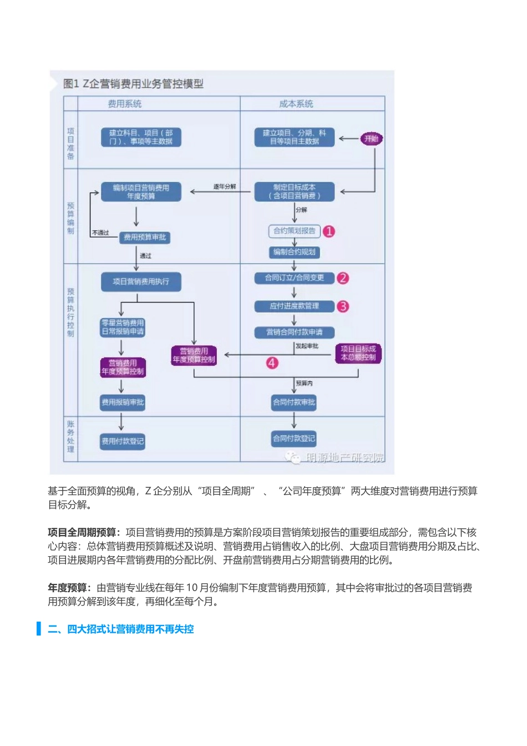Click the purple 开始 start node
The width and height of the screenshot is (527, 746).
click(x=371, y=139)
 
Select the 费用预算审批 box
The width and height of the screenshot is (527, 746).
click(x=145, y=238)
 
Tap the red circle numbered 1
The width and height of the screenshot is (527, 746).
click(x=329, y=231)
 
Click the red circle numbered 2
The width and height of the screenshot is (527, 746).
click(x=343, y=278)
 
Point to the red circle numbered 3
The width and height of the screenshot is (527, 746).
click(x=343, y=306)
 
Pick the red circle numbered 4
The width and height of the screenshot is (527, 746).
click(x=272, y=363)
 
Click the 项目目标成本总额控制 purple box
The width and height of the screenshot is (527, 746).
click(x=358, y=353)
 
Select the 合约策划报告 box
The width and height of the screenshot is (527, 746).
click(x=294, y=231)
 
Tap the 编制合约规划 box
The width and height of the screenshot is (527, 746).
click(x=294, y=252)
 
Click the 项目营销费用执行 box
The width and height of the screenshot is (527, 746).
click(x=141, y=282)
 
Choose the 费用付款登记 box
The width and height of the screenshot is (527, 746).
click(x=123, y=441)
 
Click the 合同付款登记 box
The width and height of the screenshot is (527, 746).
click(x=294, y=438)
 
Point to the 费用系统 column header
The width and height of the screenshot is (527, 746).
click(x=125, y=104)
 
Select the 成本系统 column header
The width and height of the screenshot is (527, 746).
click(x=296, y=104)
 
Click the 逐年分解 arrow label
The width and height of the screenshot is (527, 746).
click(x=225, y=186)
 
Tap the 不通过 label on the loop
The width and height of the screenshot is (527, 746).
click(x=100, y=233)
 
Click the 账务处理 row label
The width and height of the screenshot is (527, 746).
click(x=70, y=437)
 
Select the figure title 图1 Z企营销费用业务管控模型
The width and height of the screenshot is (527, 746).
click(x=133, y=84)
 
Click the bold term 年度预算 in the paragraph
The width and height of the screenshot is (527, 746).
click(x=67, y=588)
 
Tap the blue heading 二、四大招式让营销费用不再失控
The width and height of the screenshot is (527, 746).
click(x=120, y=629)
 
